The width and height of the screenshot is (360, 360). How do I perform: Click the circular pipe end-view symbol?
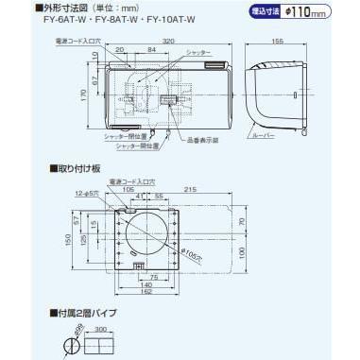[67, 346]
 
